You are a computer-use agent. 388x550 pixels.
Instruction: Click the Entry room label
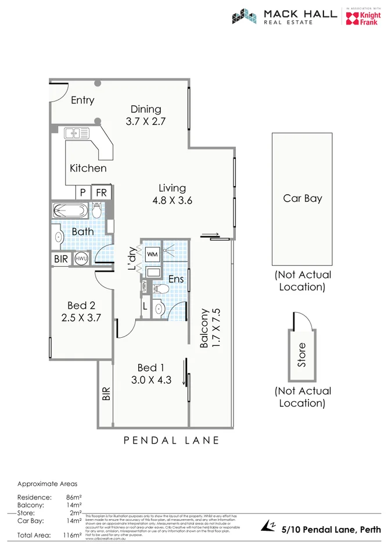82,100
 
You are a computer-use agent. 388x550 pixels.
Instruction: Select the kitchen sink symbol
77,133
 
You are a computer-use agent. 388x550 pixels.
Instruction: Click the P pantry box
83,192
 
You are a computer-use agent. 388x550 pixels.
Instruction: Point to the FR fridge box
101,192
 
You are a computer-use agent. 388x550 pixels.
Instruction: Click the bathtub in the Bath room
71,210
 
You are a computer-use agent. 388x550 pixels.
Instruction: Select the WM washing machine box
152,254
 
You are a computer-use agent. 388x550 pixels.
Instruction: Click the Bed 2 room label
81,306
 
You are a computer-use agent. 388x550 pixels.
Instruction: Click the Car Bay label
302,198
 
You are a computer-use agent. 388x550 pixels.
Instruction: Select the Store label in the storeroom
301,355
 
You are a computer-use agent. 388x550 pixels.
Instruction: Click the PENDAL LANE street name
172,441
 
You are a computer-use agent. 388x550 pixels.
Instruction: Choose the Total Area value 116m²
73,534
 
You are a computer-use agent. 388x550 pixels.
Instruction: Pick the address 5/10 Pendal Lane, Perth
331,530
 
